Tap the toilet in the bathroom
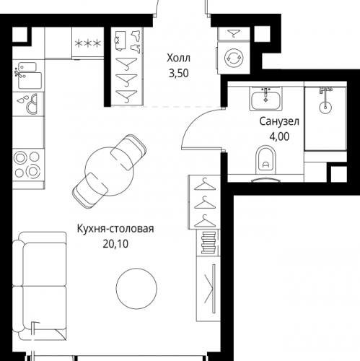[265, 162]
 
